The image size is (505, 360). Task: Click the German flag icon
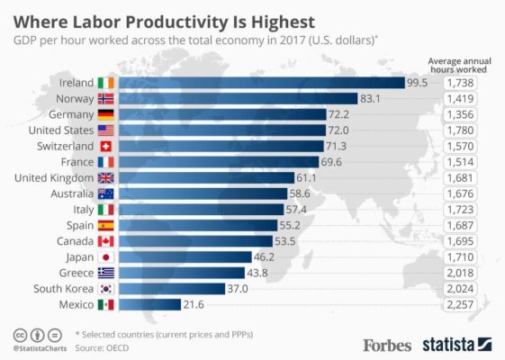[x=106, y=114]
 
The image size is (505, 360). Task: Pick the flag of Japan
[x=106, y=256]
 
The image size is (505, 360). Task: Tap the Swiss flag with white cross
[x=106, y=146]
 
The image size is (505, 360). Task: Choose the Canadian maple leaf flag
[x=106, y=241]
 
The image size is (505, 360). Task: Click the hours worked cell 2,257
[x=464, y=304]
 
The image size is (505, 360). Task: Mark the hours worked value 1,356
[x=464, y=114]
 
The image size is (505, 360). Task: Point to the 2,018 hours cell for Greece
[x=464, y=273]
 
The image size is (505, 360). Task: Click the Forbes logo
[x=387, y=344]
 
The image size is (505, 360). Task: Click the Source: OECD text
[x=102, y=346]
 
